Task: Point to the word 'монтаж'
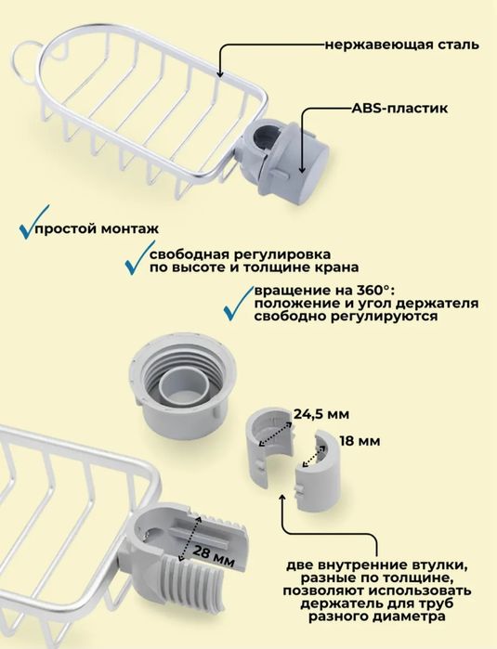(x=126, y=228)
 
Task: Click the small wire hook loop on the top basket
(x=28, y=57)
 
